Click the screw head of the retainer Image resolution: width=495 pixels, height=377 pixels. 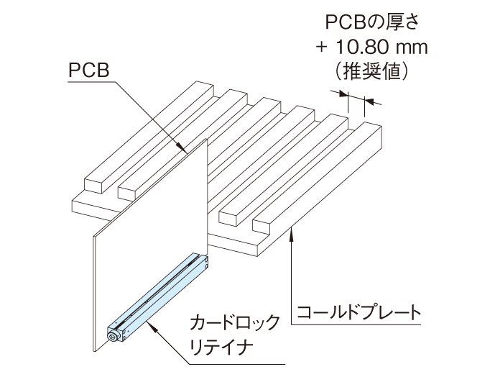pos(112,336)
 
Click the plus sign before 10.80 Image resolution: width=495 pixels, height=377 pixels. pos(320,48)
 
